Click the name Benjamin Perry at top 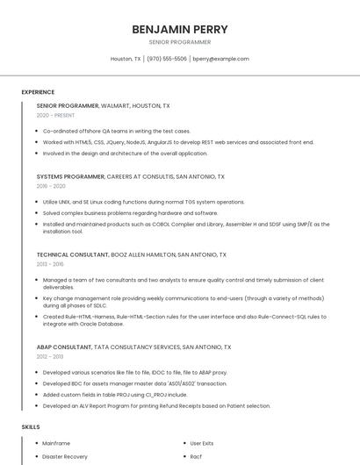[179, 29]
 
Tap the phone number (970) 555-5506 [167, 59]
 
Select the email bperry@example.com [220, 59]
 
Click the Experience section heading [38, 92]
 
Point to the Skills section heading [31, 426]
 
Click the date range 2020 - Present [55, 115]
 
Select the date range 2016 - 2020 [51, 186]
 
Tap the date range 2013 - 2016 [50, 264]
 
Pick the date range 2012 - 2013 [50, 357]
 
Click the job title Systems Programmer [69, 175]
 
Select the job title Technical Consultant [72, 254]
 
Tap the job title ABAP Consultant [64, 347]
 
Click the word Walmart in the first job [116, 105]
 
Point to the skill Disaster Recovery [65, 456]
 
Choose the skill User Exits [202, 443]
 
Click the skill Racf [196, 456]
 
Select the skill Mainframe [56, 443]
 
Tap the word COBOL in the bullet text [165, 224]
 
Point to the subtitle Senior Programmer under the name [179, 41]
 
